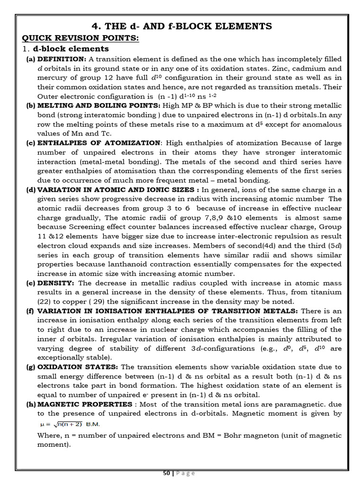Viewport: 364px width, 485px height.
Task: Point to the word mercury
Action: coord(52,78)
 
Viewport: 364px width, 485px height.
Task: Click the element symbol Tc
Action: coord(119,134)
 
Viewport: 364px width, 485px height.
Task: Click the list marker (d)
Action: coord(31,190)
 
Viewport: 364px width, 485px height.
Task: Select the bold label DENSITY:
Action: coord(55,283)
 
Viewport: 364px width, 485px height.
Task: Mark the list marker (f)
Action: coord(31,311)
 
